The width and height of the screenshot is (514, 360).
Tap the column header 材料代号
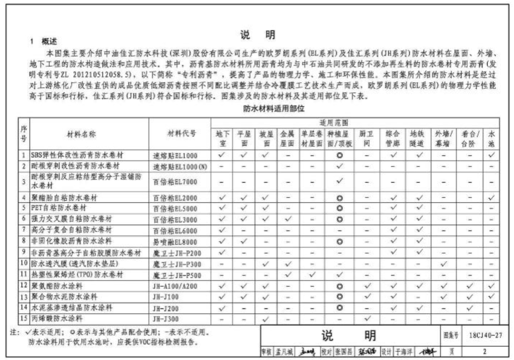tap(181, 134)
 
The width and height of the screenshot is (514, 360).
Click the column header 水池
tap(491, 138)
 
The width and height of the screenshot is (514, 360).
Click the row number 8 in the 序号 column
tap(23, 241)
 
